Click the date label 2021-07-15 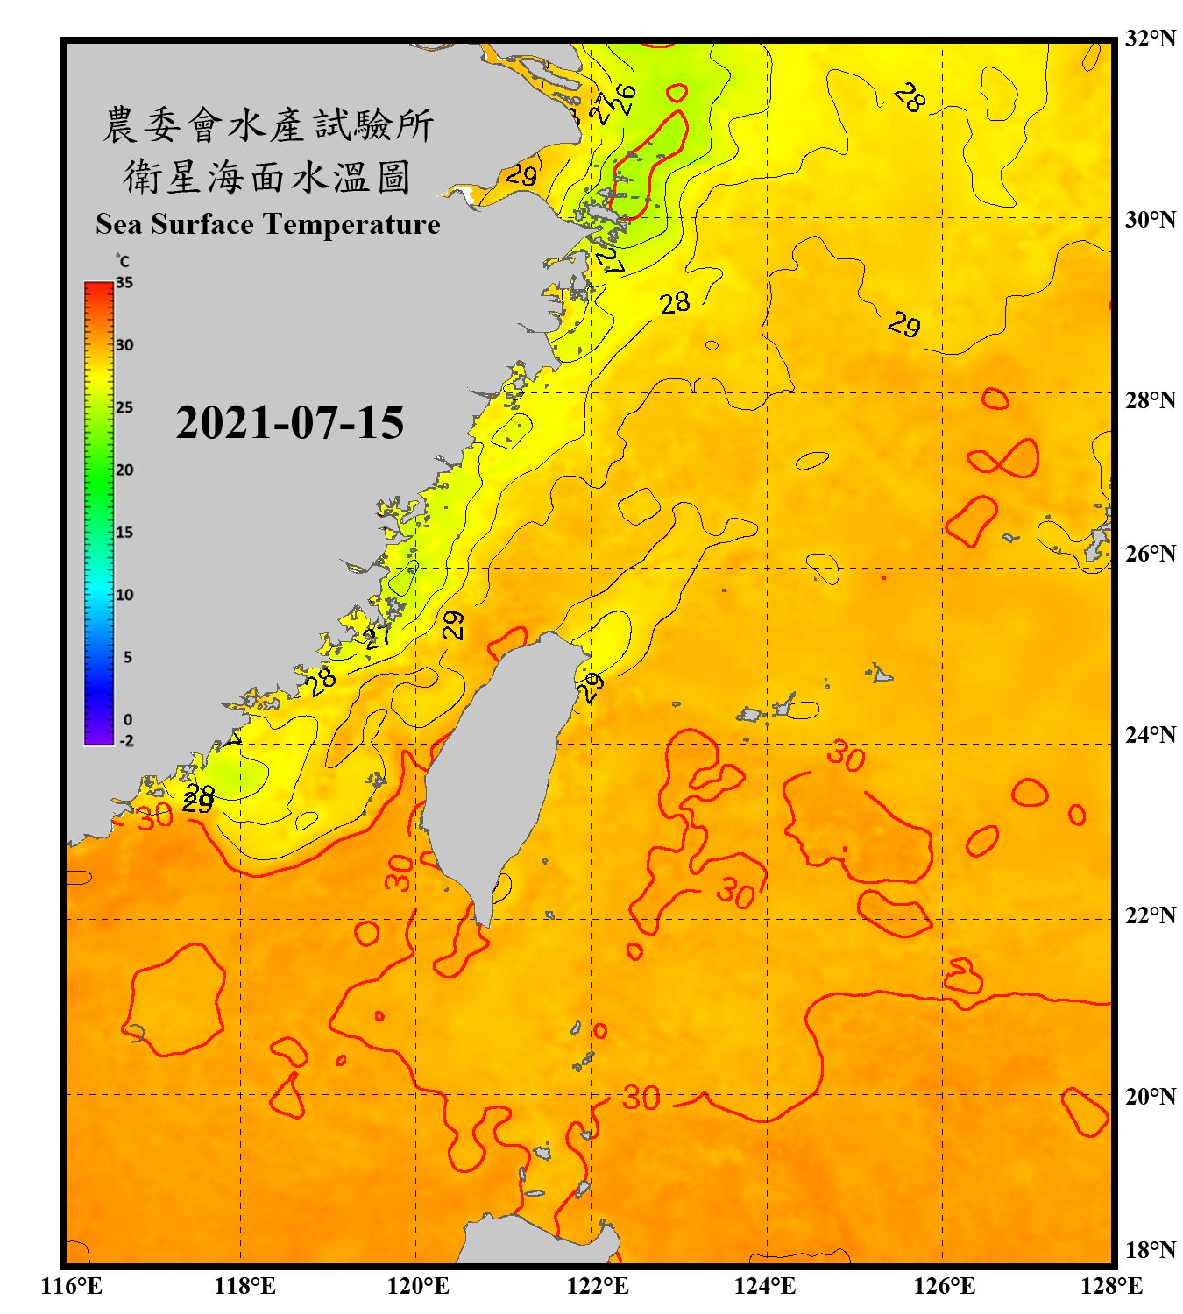coord(289,423)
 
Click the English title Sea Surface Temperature coord(267,224)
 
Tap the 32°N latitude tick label coord(1150,39)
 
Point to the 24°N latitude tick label coord(1150,734)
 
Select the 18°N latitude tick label coord(1150,1249)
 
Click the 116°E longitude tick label coord(72,1286)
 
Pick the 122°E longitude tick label coord(598,1286)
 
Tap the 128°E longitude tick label coord(1111,1286)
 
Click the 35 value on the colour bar coord(124,282)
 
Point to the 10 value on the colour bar coord(124,595)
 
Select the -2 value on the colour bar coord(126,741)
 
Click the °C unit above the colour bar coord(123,261)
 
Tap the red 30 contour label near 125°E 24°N coord(847,754)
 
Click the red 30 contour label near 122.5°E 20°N coord(641,1098)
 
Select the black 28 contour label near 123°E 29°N coord(675,303)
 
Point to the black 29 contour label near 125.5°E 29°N coord(904,325)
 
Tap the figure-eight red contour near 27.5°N coord(1004,458)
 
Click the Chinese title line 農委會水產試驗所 coord(267,125)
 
